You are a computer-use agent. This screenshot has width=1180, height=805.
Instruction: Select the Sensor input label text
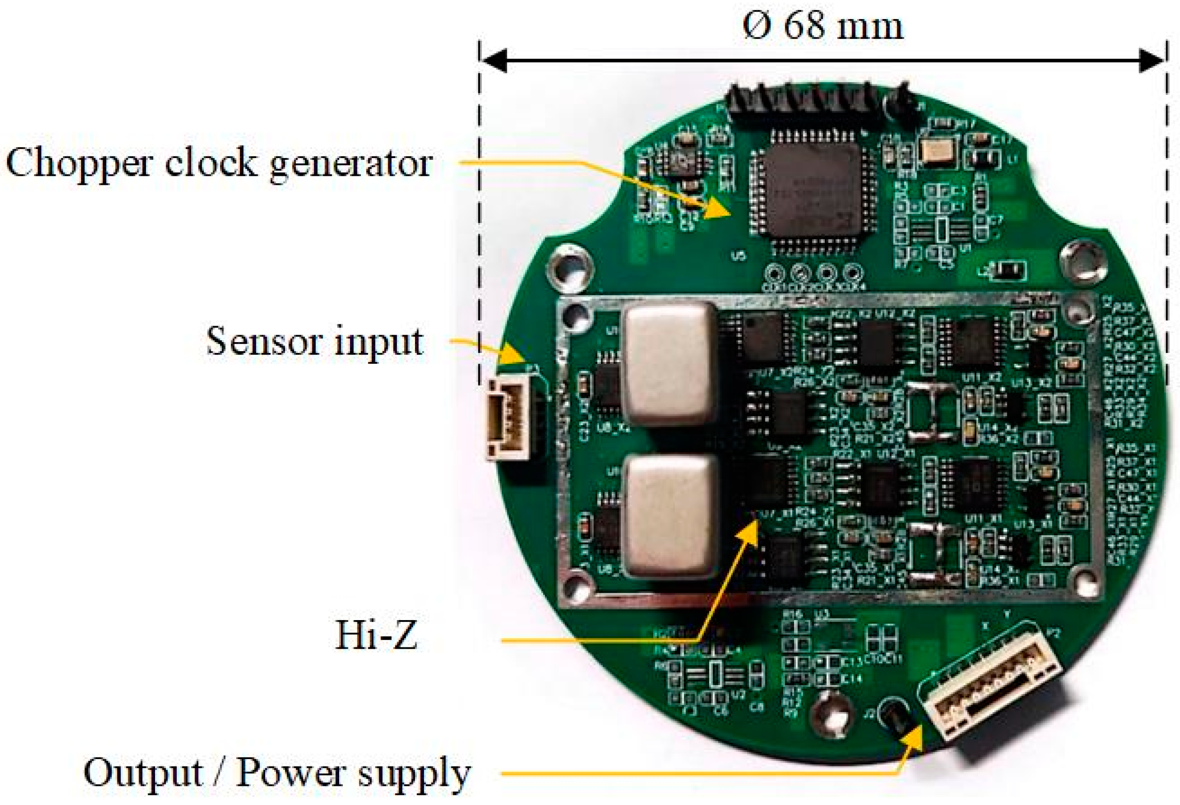click(x=315, y=341)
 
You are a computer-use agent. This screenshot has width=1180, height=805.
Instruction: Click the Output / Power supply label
click(x=277, y=773)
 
